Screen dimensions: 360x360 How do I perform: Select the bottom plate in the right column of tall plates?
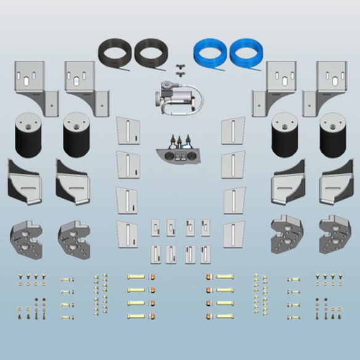(233, 234)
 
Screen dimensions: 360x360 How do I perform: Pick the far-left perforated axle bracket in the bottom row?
(25, 235)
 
